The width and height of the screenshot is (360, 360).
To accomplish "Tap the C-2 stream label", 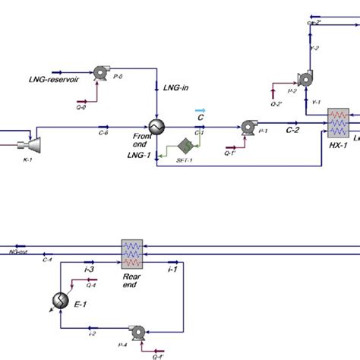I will click(x=292, y=131).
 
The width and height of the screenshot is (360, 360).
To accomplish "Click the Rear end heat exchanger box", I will click(x=133, y=253).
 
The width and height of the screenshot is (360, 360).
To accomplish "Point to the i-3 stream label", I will click(x=88, y=270).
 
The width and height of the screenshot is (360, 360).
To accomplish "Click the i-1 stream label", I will click(x=172, y=270).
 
